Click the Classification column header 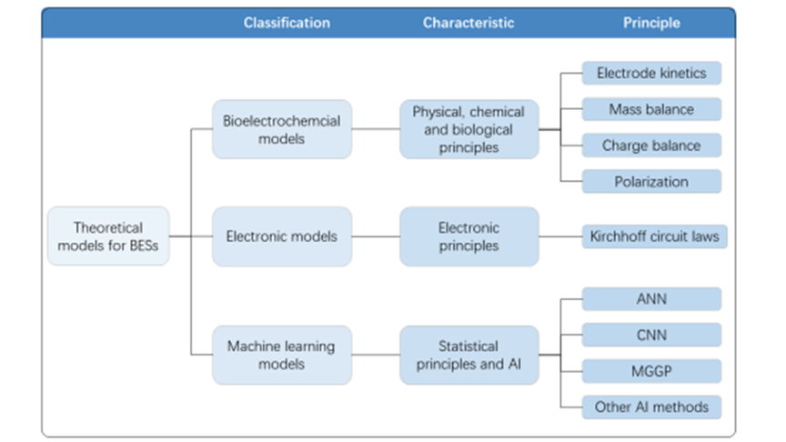click(x=287, y=23)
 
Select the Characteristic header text click(x=469, y=23)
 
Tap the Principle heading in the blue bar click(x=651, y=23)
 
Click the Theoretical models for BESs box click(x=108, y=236)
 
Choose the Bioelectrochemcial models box click(x=282, y=129)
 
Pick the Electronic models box click(x=282, y=236)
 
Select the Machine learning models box click(x=282, y=355)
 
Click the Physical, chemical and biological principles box click(x=469, y=129)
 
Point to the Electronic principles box click(x=469, y=236)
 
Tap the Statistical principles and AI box click(x=469, y=355)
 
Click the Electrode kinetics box click(x=651, y=73)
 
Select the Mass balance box click(x=651, y=109)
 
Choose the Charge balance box click(x=651, y=146)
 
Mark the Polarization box click(x=651, y=181)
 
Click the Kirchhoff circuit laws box click(x=655, y=236)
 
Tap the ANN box click(x=651, y=299)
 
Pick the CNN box click(x=651, y=335)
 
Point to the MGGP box click(x=651, y=371)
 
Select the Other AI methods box click(x=651, y=407)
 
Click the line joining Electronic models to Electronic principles click(x=376, y=236)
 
